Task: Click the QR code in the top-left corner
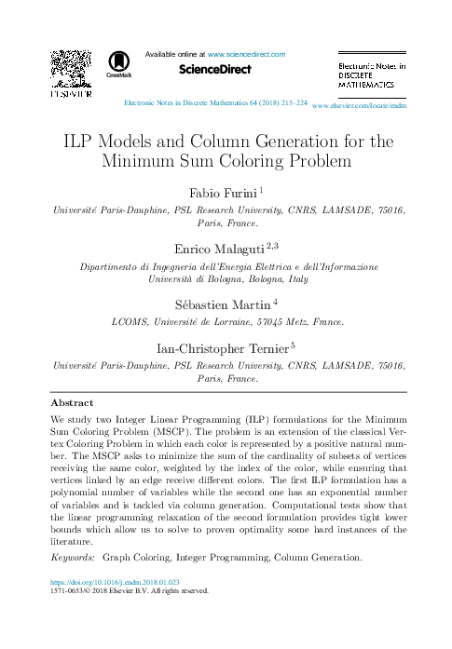pyautogui.click(x=70, y=69)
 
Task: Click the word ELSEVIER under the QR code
pyautogui.click(x=70, y=94)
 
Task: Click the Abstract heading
pyautogui.click(x=72, y=403)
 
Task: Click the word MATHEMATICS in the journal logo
pyautogui.click(x=365, y=84)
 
